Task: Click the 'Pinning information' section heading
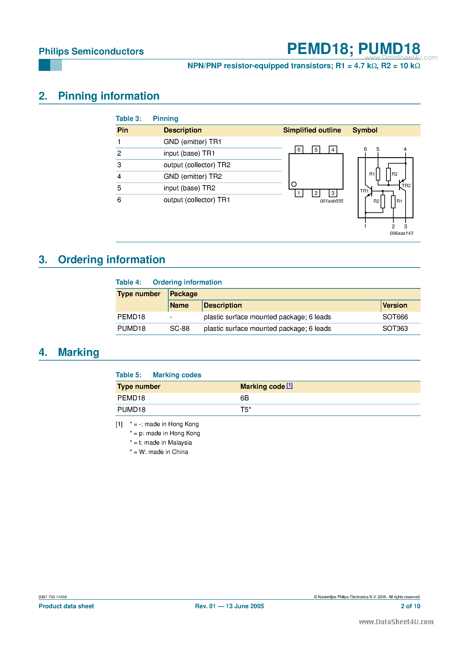109,96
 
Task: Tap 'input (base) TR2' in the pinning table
189,188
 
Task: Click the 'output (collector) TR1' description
197,200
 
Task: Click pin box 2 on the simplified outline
316,193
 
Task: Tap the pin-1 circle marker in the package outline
294,184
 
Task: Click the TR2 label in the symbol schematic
406,186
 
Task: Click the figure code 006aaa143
401,233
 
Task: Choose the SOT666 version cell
395,317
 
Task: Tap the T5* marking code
245,410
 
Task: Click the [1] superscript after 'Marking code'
289,385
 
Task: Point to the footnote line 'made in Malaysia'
161,443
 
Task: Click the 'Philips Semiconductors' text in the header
91,52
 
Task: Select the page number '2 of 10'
410,606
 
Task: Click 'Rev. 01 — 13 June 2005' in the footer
229,606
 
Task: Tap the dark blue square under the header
44,65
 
